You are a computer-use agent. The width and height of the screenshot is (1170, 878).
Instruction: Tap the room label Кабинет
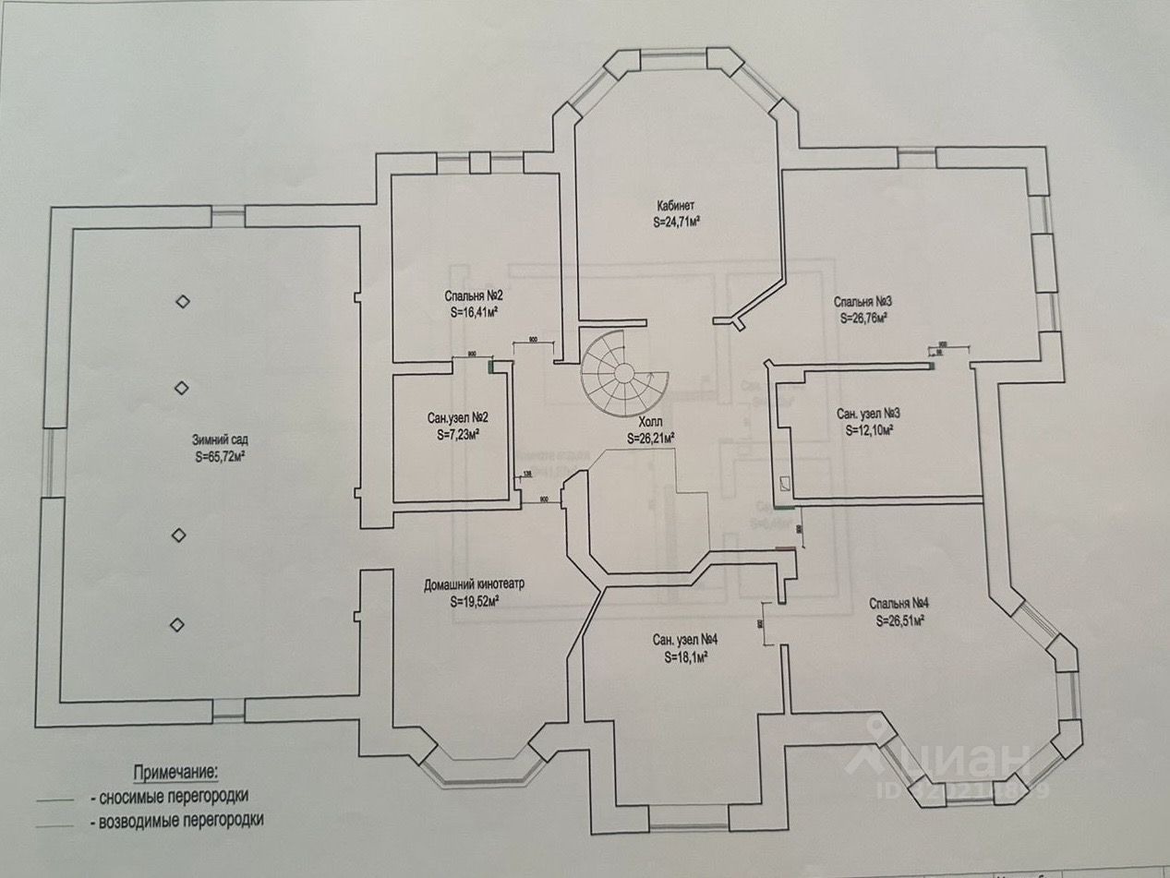676,206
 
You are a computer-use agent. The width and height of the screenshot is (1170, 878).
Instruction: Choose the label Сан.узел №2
452,417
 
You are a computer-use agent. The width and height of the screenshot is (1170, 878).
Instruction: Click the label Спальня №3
862,301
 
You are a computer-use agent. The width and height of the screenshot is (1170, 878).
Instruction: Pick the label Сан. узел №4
685,639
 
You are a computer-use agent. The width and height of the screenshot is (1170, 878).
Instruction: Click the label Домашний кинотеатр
474,584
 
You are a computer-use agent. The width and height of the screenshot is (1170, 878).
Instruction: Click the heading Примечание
178,771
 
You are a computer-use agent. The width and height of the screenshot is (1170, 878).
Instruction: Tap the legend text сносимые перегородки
169,795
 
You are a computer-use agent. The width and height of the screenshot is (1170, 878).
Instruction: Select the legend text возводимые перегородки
175,819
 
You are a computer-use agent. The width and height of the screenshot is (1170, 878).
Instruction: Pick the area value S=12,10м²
868,430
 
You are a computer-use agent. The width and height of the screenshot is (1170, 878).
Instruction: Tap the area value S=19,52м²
475,601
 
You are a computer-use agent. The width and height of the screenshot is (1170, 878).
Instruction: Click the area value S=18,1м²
684,656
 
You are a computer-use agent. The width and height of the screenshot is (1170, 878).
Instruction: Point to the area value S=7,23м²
457,434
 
